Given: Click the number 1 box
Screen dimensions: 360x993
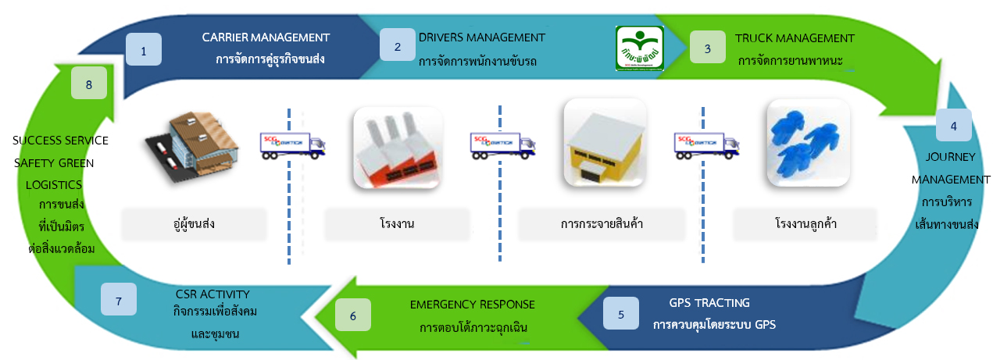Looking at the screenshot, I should coord(143,51).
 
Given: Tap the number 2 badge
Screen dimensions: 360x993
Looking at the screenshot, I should coord(398,46).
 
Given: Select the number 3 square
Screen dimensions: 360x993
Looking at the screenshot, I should coord(708,47).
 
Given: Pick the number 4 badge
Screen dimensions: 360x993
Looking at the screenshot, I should coord(953,125).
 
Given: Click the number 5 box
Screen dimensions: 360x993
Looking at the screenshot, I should coord(621,315).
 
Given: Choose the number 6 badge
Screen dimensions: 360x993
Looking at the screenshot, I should coord(353,315).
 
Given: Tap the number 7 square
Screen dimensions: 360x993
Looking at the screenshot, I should coord(119,300).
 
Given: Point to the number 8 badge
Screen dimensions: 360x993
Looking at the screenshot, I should coord(89,83).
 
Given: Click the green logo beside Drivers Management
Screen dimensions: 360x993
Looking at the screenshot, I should coord(638,48).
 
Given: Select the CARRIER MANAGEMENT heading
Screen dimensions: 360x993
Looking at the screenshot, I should coord(266,37).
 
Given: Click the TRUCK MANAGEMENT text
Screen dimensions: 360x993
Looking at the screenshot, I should coord(795,37).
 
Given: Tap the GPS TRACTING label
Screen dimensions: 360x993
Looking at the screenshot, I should coord(709,302).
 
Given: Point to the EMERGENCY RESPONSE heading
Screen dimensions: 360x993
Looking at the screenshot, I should coord(473,304).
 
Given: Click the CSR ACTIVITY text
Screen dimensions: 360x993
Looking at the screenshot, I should coord(213,294).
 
